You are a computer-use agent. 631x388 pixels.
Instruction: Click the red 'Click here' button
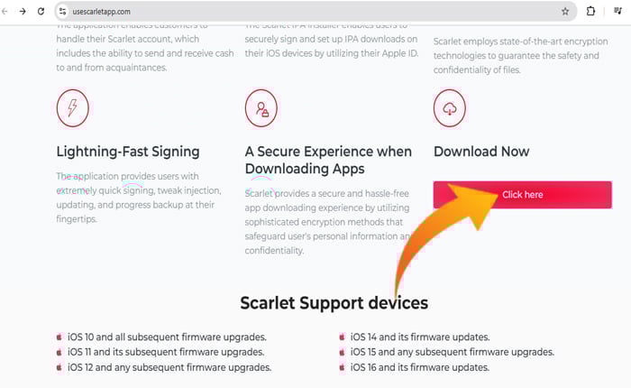point(522,194)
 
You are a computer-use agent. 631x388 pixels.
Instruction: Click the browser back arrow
point(7,12)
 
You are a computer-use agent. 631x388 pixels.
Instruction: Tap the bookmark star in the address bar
point(565,12)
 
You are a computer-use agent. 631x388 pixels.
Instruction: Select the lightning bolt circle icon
point(72,108)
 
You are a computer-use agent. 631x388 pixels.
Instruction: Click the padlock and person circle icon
point(261,108)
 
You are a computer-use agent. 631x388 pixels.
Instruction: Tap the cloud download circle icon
point(450,108)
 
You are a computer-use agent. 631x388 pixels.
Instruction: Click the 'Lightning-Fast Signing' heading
point(128,152)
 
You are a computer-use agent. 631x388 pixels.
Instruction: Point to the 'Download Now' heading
point(481,152)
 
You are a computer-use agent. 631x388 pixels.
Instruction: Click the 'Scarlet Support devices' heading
point(334,302)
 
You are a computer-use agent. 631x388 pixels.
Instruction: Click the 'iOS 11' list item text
point(166,352)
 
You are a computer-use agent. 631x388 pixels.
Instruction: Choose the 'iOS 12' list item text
point(169,367)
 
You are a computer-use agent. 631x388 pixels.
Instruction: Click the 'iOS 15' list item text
point(453,352)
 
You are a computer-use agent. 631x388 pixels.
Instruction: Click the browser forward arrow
point(23,12)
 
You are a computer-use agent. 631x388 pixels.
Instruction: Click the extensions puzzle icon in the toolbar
point(590,12)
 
